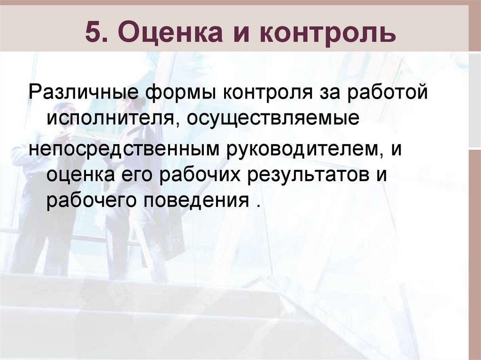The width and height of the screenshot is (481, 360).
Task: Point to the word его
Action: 134,174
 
